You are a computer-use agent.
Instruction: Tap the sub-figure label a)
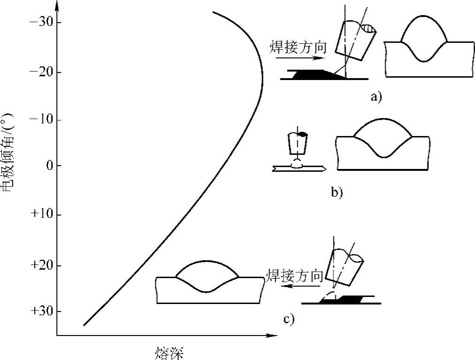pos(377,97)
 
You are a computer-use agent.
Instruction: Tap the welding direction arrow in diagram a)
pos(300,58)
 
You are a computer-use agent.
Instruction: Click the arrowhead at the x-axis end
pos(273,336)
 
